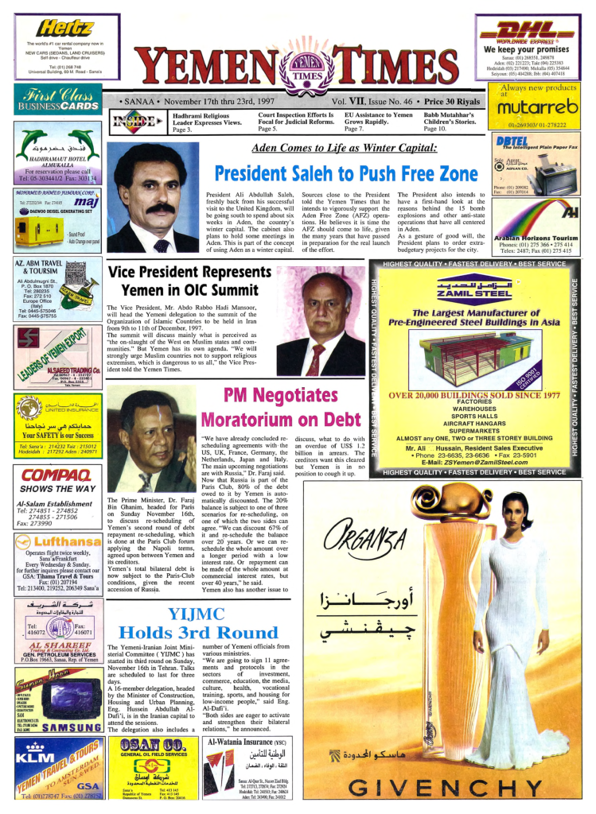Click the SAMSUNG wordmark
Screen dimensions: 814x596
[70, 727]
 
